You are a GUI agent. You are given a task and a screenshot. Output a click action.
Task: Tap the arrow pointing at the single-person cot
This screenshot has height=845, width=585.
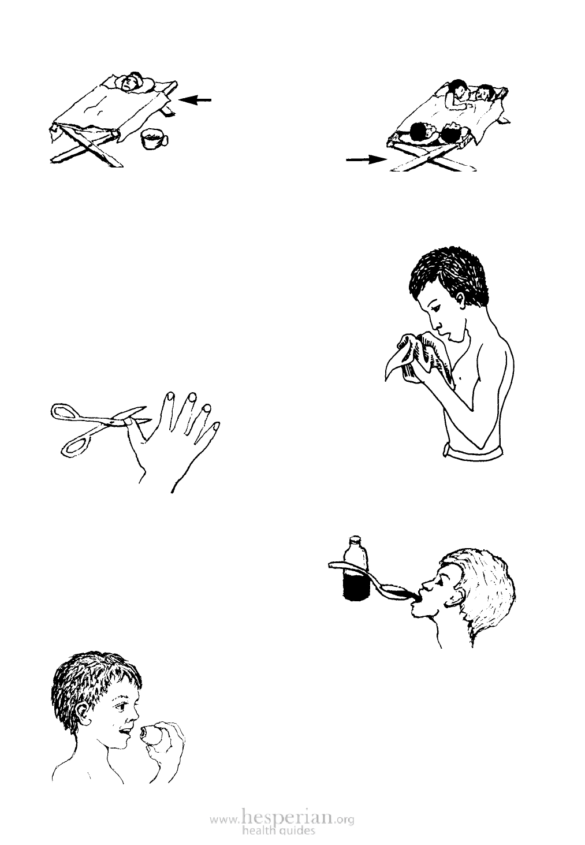195,100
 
